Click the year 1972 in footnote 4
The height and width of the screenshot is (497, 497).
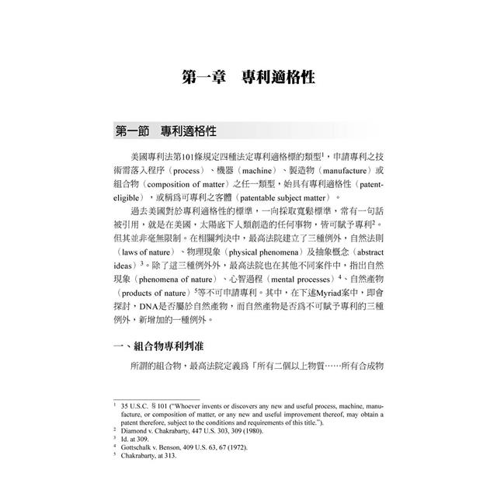(x=261, y=447)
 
